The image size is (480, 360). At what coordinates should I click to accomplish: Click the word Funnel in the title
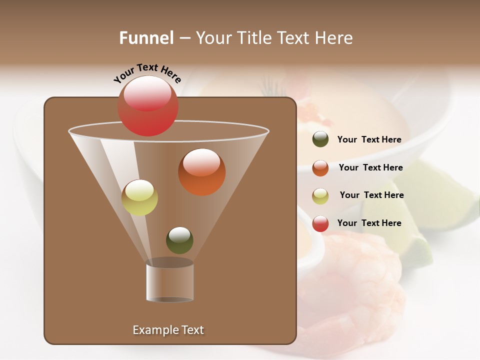click(146, 38)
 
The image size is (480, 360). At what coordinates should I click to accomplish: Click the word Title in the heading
click(255, 38)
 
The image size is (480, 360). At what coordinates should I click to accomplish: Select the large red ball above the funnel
click(147, 106)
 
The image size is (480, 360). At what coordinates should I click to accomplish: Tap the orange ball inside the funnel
click(201, 172)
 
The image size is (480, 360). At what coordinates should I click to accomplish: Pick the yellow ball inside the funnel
click(139, 197)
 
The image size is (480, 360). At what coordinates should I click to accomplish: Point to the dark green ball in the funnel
click(179, 240)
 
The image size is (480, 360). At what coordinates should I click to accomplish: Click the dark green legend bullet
click(320, 139)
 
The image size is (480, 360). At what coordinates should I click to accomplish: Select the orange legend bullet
click(320, 167)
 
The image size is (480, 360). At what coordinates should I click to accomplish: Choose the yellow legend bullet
click(320, 195)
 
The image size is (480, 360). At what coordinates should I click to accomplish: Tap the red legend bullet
click(320, 223)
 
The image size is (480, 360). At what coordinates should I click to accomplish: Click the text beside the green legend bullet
click(369, 140)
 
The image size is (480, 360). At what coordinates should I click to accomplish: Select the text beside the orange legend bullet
click(370, 167)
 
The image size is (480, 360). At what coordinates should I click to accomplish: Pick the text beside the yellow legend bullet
click(371, 195)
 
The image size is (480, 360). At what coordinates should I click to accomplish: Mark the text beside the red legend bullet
click(369, 223)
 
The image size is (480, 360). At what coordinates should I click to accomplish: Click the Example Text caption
click(168, 330)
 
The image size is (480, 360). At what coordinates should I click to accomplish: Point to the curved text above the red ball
click(147, 73)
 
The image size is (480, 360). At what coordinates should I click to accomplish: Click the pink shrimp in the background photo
click(360, 295)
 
